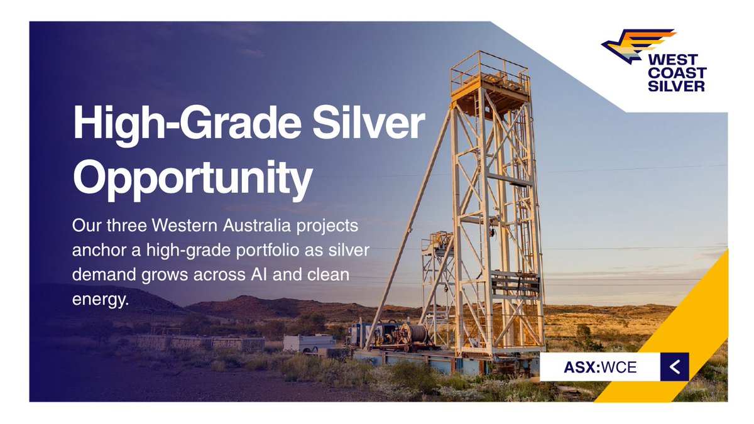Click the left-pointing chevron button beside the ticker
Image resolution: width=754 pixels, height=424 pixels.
click(674, 367)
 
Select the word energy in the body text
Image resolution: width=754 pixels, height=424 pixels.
click(101, 300)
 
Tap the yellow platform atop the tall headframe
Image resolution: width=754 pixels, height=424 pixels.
click(490, 88)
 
